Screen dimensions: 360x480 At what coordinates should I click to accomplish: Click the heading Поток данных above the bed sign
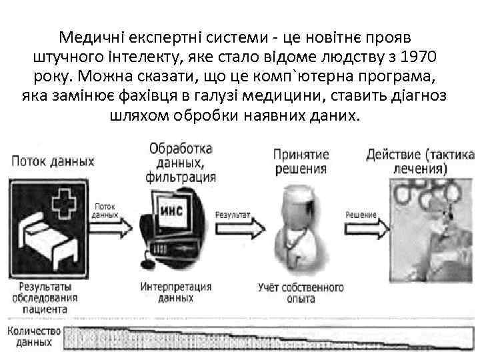[51, 161]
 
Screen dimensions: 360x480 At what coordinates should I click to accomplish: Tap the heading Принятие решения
[299, 161]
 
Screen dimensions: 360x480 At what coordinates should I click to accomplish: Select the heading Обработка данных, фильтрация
[181, 161]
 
